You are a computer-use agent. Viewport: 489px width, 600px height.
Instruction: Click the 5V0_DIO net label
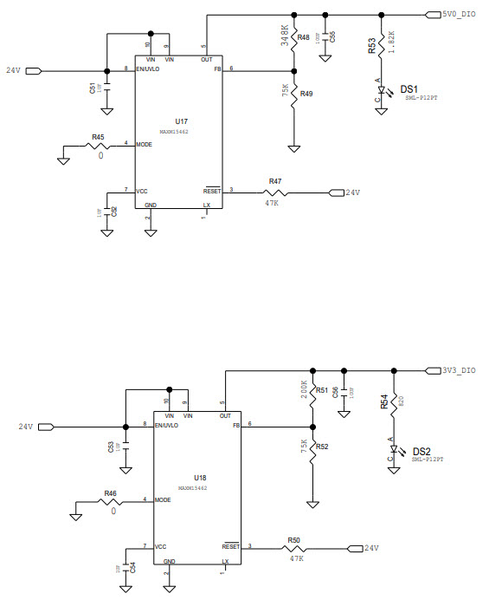pyautogui.click(x=458, y=15)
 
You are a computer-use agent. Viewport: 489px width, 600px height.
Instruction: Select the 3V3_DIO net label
pyautogui.click(x=459, y=370)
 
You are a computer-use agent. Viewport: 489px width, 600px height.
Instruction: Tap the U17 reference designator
pyautogui.click(x=181, y=121)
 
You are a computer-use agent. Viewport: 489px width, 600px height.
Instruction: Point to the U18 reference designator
pyautogui.click(x=200, y=478)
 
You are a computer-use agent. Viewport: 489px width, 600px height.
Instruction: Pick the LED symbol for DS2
pyautogui.click(x=394, y=453)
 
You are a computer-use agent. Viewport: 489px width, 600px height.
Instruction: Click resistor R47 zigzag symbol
pyautogui.click(x=275, y=192)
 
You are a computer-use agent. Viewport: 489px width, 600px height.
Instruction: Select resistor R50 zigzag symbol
pyautogui.click(x=294, y=548)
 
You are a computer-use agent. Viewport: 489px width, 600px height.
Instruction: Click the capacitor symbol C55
pyautogui.click(x=325, y=40)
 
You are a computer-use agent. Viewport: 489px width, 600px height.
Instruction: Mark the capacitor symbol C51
pyautogui.click(x=106, y=89)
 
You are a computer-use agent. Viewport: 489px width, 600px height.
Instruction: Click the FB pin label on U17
pyautogui.click(x=217, y=69)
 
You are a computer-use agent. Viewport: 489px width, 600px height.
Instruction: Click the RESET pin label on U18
pyautogui.click(x=231, y=547)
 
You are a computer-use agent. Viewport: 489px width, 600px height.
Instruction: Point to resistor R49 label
pyautogui.click(x=306, y=94)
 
